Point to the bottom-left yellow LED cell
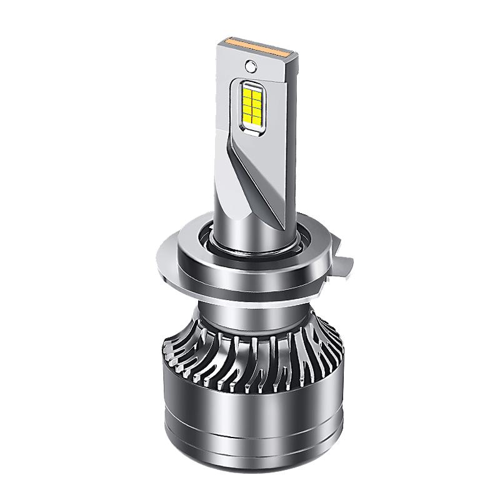tap(249, 117)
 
